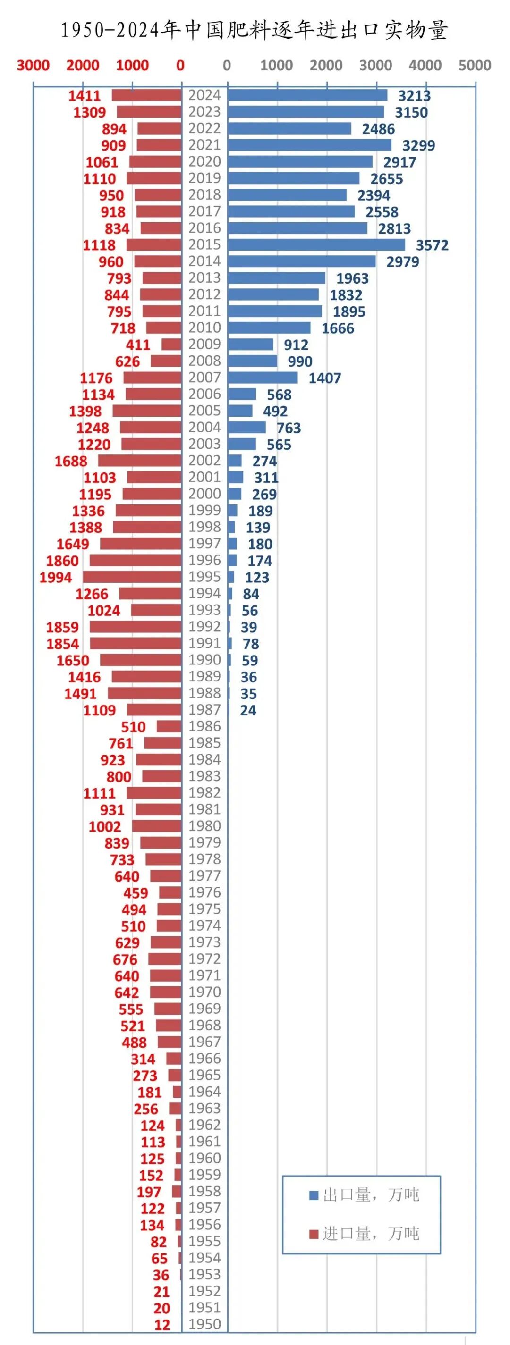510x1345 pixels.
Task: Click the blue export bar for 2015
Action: (x=316, y=245)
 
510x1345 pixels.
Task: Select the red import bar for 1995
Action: (x=132, y=577)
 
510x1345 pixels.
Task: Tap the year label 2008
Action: (x=204, y=361)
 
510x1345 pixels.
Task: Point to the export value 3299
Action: (x=418, y=145)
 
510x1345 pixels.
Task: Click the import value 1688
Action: (x=71, y=461)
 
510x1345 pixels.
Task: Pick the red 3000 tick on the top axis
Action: (x=33, y=65)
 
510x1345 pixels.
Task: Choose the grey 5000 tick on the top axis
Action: (x=475, y=65)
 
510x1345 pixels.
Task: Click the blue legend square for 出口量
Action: (x=314, y=1195)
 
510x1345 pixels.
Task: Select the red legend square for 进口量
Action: (x=314, y=1234)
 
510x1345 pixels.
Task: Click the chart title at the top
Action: (x=255, y=30)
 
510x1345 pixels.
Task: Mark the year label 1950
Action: (x=204, y=1324)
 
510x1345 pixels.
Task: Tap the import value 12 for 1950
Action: (x=162, y=1325)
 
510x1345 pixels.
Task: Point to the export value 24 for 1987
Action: (x=248, y=710)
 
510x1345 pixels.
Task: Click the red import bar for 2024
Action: (x=146, y=95)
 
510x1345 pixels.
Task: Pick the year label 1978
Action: (x=204, y=859)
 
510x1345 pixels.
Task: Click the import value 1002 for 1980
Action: (x=104, y=826)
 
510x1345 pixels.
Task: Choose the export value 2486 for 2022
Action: (x=378, y=129)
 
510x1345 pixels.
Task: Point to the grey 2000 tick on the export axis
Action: (x=325, y=65)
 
